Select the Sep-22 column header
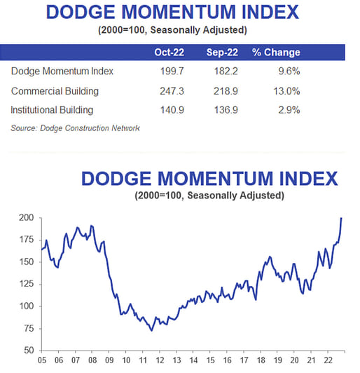[x=225, y=53]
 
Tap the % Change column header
[x=277, y=53]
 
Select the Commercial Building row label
[x=56, y=91]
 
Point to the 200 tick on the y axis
[x=25, y=218]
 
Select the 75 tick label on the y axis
[x=27, y=327]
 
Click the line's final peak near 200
[x=341, y=218]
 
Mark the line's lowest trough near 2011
[x=151, y=330]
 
